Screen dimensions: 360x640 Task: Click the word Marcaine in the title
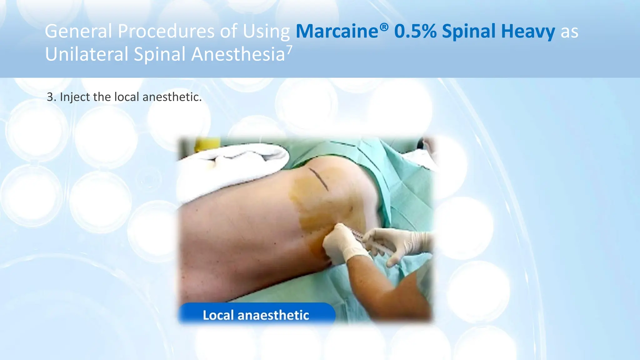pyautogui.click(x=337, y=31)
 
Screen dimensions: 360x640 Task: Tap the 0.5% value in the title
pyautogui.click(x=415, y=31)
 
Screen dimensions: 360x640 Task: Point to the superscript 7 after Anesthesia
pyautogui.click(x=290, y=49)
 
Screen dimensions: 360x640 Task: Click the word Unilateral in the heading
pyautogui.click(x=87, y=54)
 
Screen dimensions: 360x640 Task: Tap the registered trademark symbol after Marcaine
pyautogui.click(x=384, y=27)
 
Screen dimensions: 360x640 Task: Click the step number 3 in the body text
pyautogui.click(x=50, y=97)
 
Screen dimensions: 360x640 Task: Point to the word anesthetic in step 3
pyautogui.click(x=172, y=97)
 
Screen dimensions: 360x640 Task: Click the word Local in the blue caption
pyautogui.click(x=218, y=315)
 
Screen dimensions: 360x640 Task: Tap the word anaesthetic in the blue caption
pyautogui.click(x=273, y=315)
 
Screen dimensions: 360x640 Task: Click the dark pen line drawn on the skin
pyautogui.click(x=319, y=179)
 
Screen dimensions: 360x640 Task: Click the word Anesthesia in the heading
pyautogui.click(x=238, y=54)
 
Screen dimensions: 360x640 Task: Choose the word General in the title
pyautogui.click(x=78, y=31)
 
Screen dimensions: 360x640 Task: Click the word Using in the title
pyautogui.click(x=266, y=31)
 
